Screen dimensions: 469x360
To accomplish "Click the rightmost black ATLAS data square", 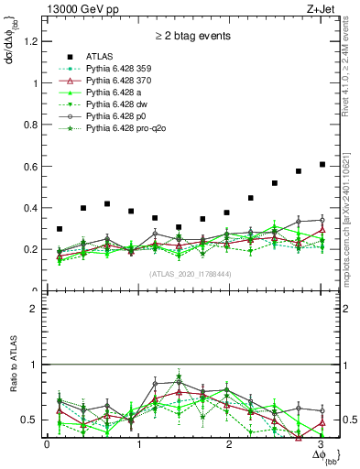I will (322, 164).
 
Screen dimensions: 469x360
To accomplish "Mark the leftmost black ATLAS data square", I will (60, 229).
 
